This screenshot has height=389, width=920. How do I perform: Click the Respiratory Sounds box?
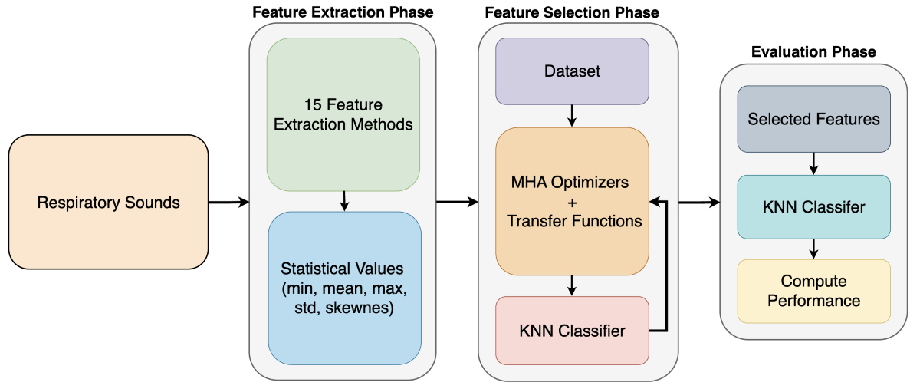[x=108, y=203]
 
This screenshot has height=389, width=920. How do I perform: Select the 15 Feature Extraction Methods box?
[x=343, y=114]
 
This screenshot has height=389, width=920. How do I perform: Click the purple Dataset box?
[x=572, y=71]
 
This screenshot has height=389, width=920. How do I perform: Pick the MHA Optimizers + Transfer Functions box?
[x=572, y=201]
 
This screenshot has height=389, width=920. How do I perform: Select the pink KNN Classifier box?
[x=572, y=331]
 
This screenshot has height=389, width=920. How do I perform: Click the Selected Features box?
[x=813, y=119]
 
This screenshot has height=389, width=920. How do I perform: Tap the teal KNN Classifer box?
[x=813, y=206]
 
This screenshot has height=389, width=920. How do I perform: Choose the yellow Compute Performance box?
[x=813, y=291]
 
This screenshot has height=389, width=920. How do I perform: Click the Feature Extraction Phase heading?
[x=342, y=12]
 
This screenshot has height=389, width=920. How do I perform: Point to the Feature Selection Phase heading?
[x=571, y=12]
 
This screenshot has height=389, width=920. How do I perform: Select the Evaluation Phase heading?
[x=813, y=52]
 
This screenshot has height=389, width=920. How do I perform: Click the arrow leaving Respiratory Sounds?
[x=228, y=203]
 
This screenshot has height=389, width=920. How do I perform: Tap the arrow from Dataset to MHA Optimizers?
[x=572, y=116]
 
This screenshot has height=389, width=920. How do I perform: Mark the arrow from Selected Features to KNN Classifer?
[x=813, y=163]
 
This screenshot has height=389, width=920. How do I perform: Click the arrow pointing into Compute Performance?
[x=813, y=249]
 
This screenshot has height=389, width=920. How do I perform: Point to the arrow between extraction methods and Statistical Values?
[x=343, y=200]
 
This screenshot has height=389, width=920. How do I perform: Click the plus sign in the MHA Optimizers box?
[x=572, y=201]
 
